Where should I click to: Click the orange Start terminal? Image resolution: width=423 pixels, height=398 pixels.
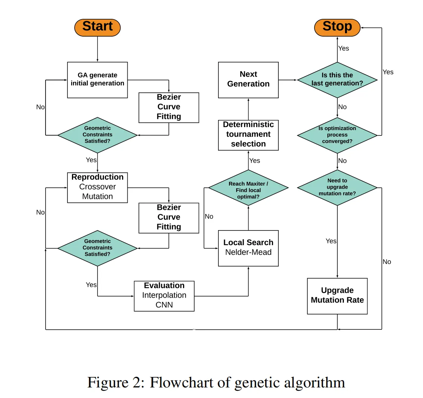97,27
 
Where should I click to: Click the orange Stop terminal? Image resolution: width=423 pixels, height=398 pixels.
337,27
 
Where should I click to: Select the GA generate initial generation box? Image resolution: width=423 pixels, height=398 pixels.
97,80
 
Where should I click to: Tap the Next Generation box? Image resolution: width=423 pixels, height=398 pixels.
248,80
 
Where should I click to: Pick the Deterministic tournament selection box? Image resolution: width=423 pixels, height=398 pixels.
248,134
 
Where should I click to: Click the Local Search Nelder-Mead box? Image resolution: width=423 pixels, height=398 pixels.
248,248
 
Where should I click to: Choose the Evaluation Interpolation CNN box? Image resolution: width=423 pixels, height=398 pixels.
164,296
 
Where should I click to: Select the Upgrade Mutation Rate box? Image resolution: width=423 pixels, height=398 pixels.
337,296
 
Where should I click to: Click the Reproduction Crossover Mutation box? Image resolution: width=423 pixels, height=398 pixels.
97,187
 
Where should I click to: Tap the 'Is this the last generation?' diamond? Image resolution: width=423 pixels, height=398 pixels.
337,80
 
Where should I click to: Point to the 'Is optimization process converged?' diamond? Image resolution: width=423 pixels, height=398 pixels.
337,135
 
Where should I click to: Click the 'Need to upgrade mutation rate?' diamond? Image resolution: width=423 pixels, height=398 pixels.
337,187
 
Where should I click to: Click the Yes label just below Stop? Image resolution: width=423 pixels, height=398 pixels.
344,48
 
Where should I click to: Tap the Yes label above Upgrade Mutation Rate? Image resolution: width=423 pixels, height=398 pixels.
331,241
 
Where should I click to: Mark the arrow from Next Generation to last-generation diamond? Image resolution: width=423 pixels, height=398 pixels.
288,80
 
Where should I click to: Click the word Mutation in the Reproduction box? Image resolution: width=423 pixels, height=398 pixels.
97,197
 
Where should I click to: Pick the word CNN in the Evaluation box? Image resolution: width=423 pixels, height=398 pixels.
164,305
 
